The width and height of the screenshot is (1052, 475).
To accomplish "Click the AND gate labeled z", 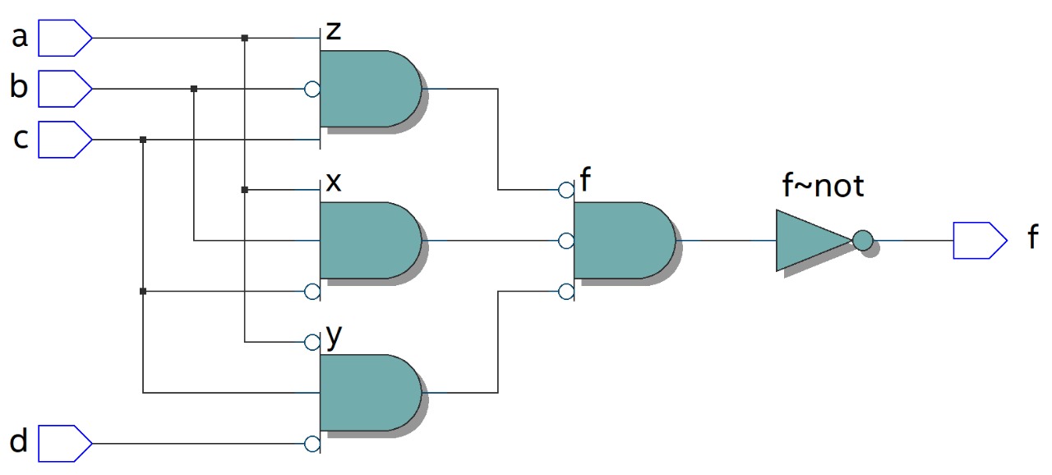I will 369,89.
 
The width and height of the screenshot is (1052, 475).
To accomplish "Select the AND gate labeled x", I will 369,240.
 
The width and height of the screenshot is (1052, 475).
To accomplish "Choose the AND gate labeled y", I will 369,393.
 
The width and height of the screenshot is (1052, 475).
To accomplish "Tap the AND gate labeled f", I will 623,240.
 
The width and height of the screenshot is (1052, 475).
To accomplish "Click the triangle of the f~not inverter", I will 809,240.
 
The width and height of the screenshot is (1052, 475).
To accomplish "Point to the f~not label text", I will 822,186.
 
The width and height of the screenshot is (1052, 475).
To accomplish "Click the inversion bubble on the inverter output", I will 862,240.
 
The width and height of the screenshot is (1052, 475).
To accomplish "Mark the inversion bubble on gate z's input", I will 311,89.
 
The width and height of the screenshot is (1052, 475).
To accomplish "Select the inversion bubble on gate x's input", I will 311,291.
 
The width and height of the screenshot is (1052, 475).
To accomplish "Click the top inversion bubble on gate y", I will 311,341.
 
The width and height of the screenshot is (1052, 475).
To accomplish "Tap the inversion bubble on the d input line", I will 311,444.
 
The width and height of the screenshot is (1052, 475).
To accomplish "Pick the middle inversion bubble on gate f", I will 565,240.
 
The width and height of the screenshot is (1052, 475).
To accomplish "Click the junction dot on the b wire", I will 194,88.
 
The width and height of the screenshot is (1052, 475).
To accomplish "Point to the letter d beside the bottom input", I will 18,441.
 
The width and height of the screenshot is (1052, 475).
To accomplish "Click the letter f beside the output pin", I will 1032,238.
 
